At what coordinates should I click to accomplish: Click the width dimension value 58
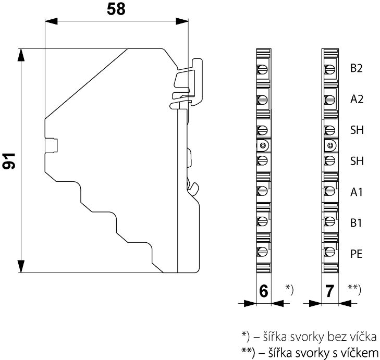pyautogui.click(x=116, y=9)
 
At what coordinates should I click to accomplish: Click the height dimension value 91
pyautogui.click(x=9, y=161)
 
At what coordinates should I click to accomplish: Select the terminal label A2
pyautogui.click(x=357, y=100)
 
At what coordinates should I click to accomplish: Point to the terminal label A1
pyautogui.click(x=357, y=192)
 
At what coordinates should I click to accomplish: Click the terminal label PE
pyautogui.click(x=357, y=254)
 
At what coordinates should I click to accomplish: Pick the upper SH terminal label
pyautogui.click(x=357, y=130)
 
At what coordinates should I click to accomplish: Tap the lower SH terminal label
pyautogui.click(x=357, y=162)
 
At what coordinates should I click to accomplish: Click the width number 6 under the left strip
pyautogui.click(x=264, y=291)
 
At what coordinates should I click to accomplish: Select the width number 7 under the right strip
pyautogui.click(x=329, y=291)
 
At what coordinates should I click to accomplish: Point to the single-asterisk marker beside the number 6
pyautogui.click(x=289, y=288)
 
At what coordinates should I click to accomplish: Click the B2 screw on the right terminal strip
pyautogui.click(x=329, y=69)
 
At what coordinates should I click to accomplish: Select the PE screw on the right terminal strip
pyautogui.click(x=329, y=253)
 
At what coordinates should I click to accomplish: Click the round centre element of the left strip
pyautogui.click(x=263, y=145)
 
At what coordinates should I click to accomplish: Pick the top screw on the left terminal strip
pyautogui.click(x=263, y=69)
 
